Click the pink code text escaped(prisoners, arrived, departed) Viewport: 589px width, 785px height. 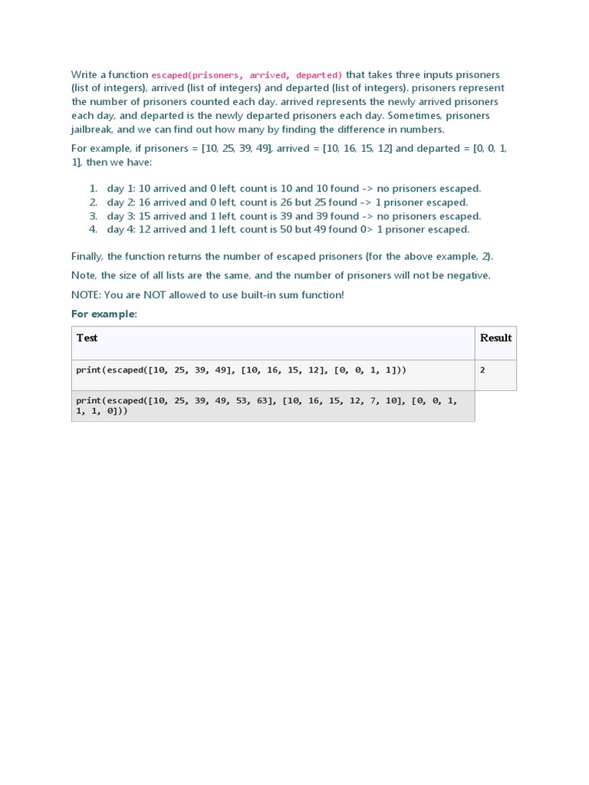(247, 75)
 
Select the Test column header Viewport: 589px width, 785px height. (87, 338)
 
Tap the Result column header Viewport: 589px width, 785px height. (495, 338)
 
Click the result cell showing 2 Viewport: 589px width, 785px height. (482, 370)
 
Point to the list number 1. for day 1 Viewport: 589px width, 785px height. (93, 189)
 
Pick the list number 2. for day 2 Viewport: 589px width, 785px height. (93, 202)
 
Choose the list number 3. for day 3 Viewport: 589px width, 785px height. (93, 216)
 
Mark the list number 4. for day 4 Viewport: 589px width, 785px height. (93, 229)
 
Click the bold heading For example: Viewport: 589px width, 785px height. (104, 314)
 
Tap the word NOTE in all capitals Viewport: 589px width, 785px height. (85, 295)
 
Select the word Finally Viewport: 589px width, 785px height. (87, 256)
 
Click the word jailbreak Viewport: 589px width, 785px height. (91, 130)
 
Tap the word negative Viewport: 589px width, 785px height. (467, 275)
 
